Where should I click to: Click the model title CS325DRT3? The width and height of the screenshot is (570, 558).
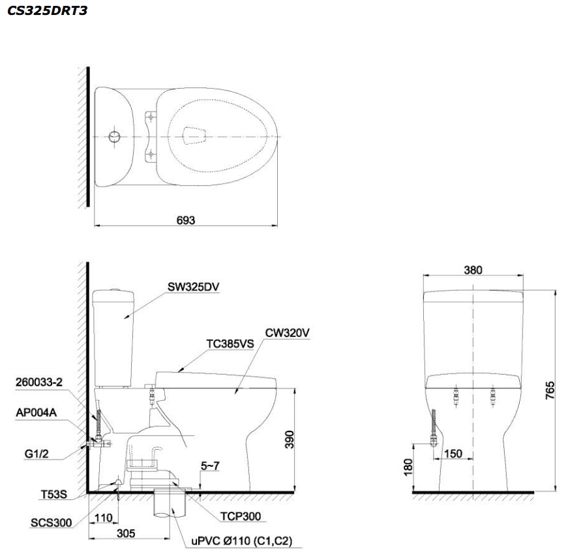pos(48,11)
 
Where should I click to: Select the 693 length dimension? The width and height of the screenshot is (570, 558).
pos(186,220)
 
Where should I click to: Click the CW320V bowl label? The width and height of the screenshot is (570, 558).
pos(286,332)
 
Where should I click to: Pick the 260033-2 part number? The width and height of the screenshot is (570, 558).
pos(40,383)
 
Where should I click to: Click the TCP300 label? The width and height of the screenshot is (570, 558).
pos(239,516)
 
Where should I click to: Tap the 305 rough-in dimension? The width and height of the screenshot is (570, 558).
pos(127,533)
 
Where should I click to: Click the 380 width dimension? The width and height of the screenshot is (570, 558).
pos(473,270)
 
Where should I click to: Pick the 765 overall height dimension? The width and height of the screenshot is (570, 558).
pos(550,390)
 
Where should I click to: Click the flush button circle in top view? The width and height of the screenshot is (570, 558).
pos(114,136)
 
